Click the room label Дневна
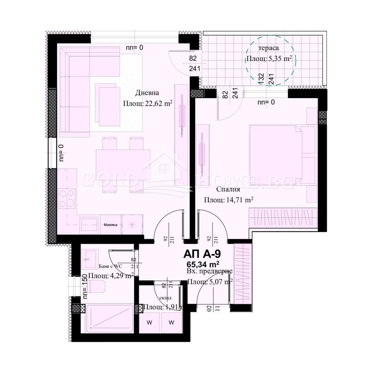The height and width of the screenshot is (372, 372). pyautogui.click(x=147, y=93)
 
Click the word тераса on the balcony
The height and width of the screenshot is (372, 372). pyautogui.click(x=269, y=48)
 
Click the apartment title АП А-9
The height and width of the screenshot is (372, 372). pyautogui.click(x=203, y=254)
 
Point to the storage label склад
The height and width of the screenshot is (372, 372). pyautogui.click(x=167, y=297)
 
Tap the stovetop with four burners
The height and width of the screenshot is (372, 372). pyautogui.click(x=67, y=199)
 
